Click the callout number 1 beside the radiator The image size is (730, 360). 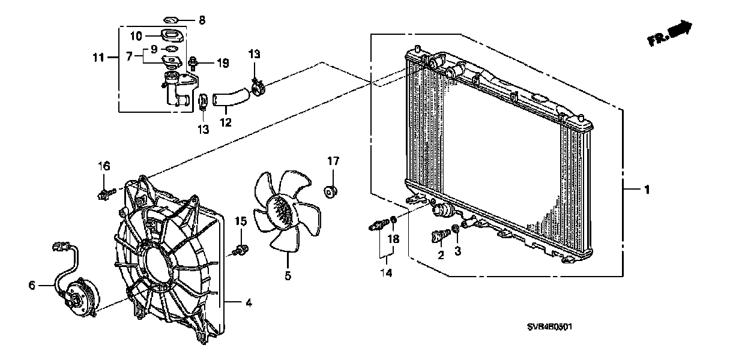647,190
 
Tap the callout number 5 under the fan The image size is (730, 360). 288,276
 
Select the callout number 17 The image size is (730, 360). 333,161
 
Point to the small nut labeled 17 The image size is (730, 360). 329,191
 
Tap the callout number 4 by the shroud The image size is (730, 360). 248,303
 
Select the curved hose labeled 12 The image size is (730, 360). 230,95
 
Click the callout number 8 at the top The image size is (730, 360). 202,20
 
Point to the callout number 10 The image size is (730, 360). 136,35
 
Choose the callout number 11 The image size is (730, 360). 98,58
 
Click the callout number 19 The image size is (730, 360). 223,62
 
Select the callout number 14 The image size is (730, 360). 388,274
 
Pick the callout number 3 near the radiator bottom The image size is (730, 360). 457,251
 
